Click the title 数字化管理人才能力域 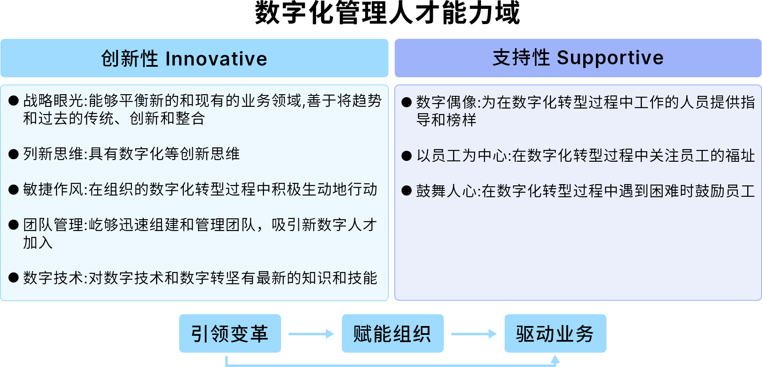pyautogui.click(x=387, y=13)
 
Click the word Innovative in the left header pyautogui.click(x=216, y=59)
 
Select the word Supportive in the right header pyautogui.click(x=610, y=58)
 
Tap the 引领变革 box pyautogui.click(x=230, y=334)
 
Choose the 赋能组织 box pyautogui.click(x=393, y=334)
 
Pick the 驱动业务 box pyautogui.click(x=555, y=334)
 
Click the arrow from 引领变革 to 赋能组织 pyautogui.click(x=311, y=334)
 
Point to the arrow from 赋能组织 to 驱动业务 pyautogui.click(x=474, y=334)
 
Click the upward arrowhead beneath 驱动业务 pyautogui.click(x=555, y=359)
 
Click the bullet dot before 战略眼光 pyautogui.click(x=14, y=101)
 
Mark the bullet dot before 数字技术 pyautogui.click(x=14, y=277)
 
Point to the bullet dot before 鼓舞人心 pyautogui.click(x=407, y=191)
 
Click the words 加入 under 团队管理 pyautogui.click(x=38, y=243)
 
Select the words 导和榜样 pyautogui.click(x=446, y=120)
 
